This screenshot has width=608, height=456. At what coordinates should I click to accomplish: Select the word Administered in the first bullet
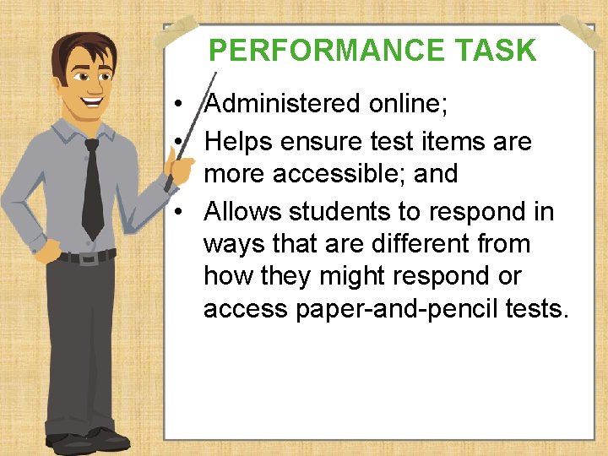(x=282, y=104)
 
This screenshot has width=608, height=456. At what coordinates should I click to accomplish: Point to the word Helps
(x=240, y=140)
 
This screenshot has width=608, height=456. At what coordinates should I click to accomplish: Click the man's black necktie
(x=92, y=190)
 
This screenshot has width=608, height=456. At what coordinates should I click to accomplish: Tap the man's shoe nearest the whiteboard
(x=109, y=438)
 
